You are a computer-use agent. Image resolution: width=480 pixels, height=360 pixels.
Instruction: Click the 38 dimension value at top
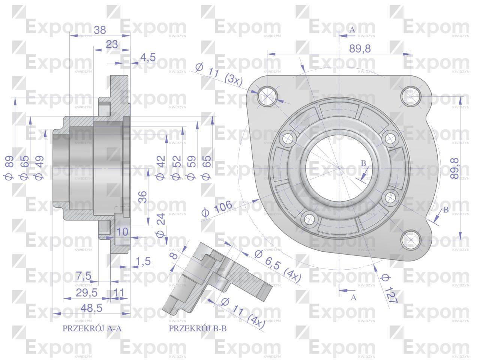click(x=100, y=30)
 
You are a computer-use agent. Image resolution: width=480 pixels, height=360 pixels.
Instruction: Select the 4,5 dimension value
click(x=148, y=57)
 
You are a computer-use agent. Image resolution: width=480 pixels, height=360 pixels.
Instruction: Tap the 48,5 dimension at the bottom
click(x=91, y=308)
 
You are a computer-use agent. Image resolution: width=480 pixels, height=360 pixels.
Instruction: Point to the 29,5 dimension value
click(x=87, y=292)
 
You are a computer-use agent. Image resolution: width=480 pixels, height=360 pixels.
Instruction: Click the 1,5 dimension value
click(x=143, y=261)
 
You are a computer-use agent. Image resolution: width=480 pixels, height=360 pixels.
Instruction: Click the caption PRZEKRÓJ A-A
click(x=92, y=328)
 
